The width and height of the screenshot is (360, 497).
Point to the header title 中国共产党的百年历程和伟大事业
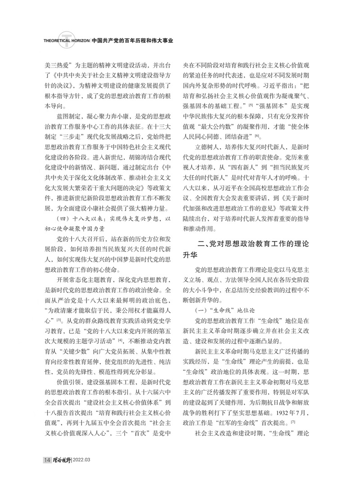click(x=132, y=40)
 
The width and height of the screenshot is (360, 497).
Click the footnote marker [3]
click(x=59, y=321)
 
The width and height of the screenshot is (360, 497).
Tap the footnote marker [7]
click(x=293, y=422)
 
